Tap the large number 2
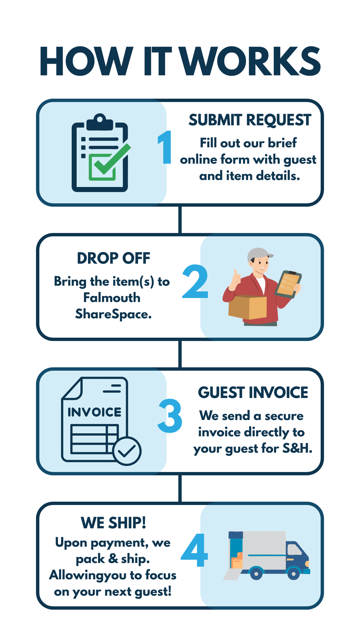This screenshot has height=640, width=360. (x=195, y=282)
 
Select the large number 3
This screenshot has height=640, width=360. (x=170, y=416)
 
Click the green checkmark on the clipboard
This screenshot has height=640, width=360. (x=110, y=160)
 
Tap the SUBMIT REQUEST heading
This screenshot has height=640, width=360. (x=250, y=120)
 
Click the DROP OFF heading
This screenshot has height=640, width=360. (x=113, y=258)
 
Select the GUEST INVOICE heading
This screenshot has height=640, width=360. (x=253, y=393)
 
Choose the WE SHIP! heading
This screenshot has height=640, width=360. (x=113, y=523)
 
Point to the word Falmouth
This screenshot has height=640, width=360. (x=112, y=298)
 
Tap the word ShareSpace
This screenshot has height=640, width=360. (x=113, y=314)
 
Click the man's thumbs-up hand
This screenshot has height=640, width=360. (x=236, y=277)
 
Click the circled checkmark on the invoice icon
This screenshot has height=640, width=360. (x=127, y=451)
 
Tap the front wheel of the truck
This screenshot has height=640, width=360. (x=293, y=573)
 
